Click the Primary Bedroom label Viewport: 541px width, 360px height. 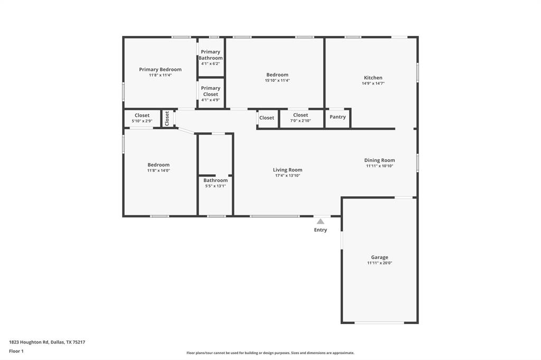(160, 70)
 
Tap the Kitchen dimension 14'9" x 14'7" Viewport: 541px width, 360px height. (373, 83)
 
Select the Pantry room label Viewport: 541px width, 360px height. (338, 117)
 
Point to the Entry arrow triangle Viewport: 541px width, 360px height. (320, 222)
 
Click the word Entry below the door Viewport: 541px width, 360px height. (320, 230)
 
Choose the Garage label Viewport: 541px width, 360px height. (379, 258)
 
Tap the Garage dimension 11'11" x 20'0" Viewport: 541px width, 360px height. (379, 263)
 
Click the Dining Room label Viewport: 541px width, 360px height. (379, 160)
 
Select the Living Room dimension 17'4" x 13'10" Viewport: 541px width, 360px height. (287, 175)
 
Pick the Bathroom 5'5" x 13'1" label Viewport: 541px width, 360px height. (216, 183)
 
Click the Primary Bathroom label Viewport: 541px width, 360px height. (210, 55)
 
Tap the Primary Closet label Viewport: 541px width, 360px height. (210, 91)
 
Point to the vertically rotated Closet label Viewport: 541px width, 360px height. (167, 118)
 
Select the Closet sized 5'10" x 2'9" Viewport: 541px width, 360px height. (142, 118)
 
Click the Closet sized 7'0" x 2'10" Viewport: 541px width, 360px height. (300, 118)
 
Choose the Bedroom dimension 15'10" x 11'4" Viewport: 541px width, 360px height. (277, 80)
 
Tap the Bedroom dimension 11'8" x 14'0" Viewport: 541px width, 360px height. (158, 170)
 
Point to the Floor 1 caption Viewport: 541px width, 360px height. (16, 351)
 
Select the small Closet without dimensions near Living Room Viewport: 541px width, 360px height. (267, 118)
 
